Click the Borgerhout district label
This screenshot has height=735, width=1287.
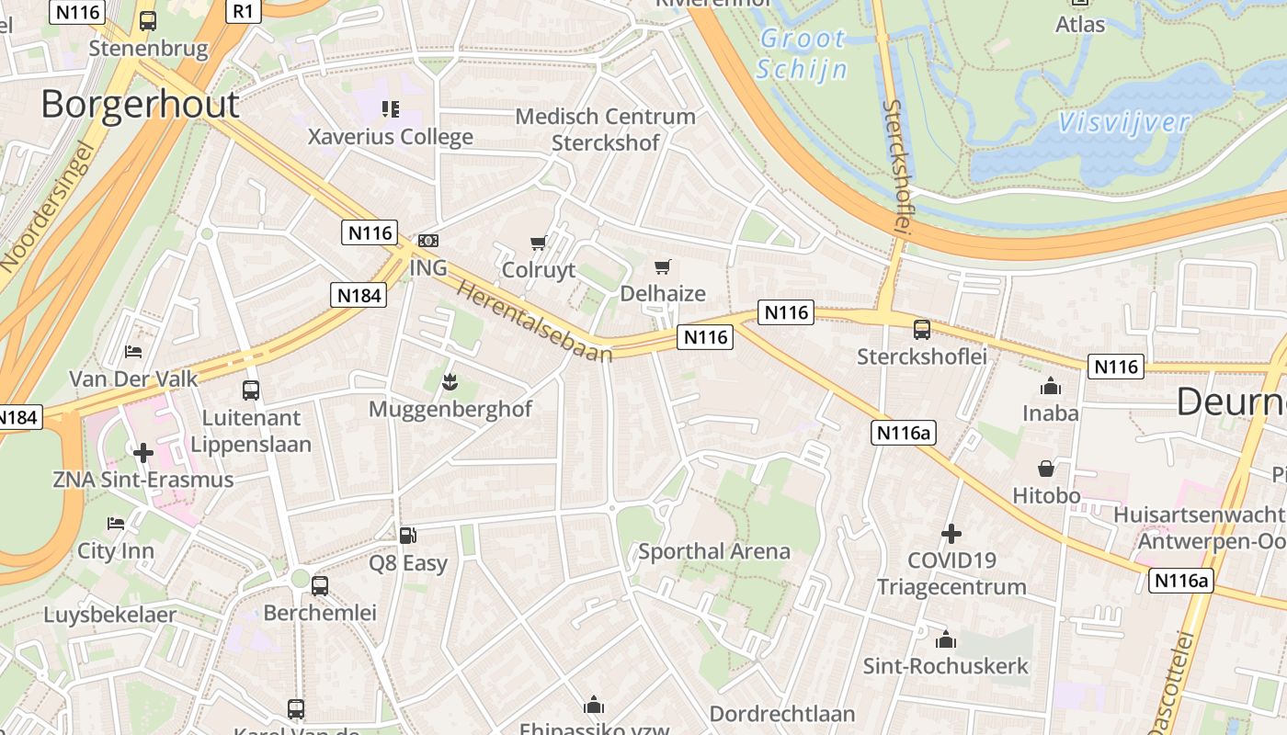click(x=140, y=104)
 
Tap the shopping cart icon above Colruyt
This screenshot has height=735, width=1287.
click(x=539, y=243)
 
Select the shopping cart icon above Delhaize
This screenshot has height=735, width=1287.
click(x=662, y=267)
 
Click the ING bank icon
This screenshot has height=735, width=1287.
click(x=428, y=241)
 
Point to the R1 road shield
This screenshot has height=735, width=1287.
click(x=243, y=11)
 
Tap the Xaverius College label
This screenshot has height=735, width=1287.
click(x=391, y=137)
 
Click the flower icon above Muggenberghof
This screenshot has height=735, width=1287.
click(x=450, y=380)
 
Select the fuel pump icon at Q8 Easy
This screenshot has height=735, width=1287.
click(x=407, y=535)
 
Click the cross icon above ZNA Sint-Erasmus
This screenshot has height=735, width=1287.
click(x=143, y=453)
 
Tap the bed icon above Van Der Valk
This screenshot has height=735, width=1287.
click(x=133, y=352)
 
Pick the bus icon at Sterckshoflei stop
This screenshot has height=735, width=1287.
click(x=921, y=329)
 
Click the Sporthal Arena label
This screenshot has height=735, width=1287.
click(x=714, y=551)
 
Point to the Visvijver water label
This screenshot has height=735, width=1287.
click(x=1123, y=122)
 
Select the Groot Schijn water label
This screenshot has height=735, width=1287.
click(x=802, y=54)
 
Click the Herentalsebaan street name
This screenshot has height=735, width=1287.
click(x=534, y=321)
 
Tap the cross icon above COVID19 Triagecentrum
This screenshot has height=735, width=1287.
click(x=951, y=534)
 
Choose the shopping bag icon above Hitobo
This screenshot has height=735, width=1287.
click(x=1046, y=469)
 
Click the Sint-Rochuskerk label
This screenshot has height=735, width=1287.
click(x=945, y=666)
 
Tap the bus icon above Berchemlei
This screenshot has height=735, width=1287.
click(x=320, y=585)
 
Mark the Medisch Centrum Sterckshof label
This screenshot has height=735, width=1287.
click(x=605, y=130)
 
